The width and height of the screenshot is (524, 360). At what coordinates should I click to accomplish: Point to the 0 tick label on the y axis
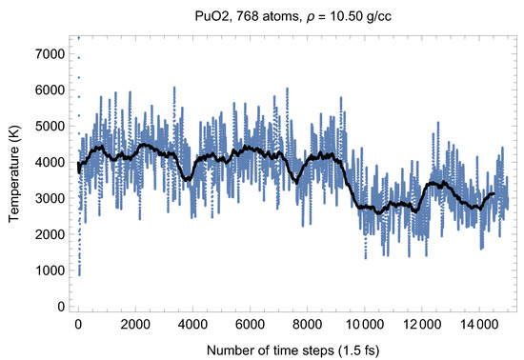coord(60,307)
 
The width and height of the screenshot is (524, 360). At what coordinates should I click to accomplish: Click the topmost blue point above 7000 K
coord(78,37)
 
